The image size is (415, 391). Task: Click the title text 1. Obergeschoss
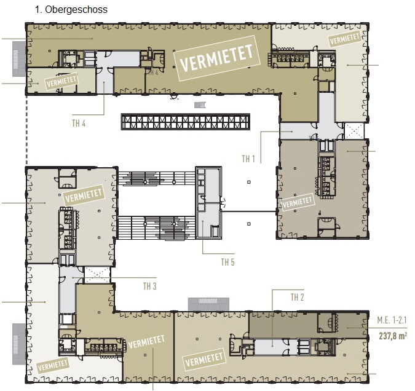71,10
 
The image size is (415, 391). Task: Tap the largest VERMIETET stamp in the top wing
217,58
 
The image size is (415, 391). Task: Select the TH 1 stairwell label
248,159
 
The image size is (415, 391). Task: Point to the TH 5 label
227,262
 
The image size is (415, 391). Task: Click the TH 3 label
150,286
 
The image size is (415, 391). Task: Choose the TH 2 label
297,298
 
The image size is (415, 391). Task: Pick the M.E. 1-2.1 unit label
392,320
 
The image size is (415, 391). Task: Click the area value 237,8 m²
393,336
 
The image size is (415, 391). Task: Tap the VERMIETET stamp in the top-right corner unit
345,39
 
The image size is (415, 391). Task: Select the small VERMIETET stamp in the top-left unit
61,82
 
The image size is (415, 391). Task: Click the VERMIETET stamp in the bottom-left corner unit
53,366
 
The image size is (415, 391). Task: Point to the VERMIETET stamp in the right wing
298,202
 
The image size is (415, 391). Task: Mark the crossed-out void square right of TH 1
354,131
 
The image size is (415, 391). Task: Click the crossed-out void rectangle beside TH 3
97,275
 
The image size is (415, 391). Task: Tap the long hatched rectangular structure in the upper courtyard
186,122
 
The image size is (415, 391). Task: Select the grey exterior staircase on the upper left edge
19,58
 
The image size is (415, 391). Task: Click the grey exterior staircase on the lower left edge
19,344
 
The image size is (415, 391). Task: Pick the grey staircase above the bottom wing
208,304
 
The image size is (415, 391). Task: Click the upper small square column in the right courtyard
249,182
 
